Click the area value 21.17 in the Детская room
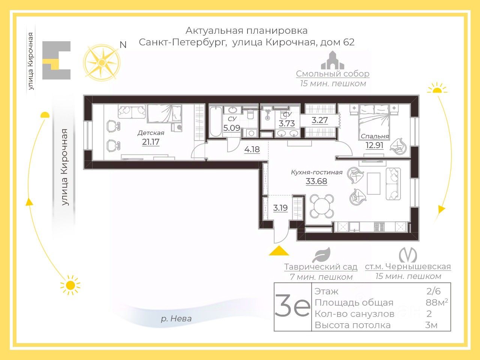coord(151,142)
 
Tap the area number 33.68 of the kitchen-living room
coord(316,181)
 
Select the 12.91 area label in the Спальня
coord(374,145)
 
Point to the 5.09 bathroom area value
coord(232,127)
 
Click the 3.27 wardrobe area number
coord(319,120)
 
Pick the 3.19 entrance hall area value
coord(280,208)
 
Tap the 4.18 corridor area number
coord(252,150)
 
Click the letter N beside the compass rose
coord(123,45)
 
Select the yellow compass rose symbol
coord(102,63)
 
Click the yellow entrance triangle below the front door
coord(279,251)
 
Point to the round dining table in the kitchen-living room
coord(322,206)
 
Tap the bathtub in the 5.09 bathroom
coord(216,121)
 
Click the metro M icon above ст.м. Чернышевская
coord(408,255)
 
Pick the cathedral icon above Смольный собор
coord(333,60)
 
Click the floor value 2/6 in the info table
coord(433,291)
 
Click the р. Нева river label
coord(176,319)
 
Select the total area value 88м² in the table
coord(437,303)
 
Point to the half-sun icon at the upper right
coord(437,88)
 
